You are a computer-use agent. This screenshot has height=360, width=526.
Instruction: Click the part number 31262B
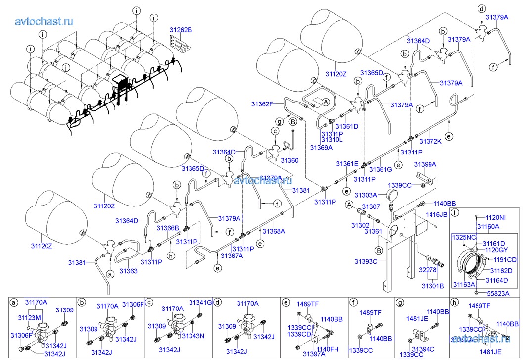[178, 30]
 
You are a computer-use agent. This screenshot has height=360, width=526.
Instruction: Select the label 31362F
[262, 104]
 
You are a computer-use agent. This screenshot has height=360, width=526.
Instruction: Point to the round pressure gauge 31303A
[392, 196]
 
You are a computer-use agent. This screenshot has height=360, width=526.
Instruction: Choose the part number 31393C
[366, 261]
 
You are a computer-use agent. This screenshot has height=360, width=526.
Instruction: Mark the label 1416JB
[437, 215]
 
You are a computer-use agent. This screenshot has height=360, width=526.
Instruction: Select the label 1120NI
[495, 217]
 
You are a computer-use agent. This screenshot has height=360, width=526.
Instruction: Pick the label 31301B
[433, 286]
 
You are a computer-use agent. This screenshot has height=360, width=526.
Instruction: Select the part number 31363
[128, 271]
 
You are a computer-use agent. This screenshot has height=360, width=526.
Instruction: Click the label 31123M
[30, 317]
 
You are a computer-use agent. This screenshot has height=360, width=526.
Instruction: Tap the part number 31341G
[200, 303]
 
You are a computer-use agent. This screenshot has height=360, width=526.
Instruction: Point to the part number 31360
[289, 160]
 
